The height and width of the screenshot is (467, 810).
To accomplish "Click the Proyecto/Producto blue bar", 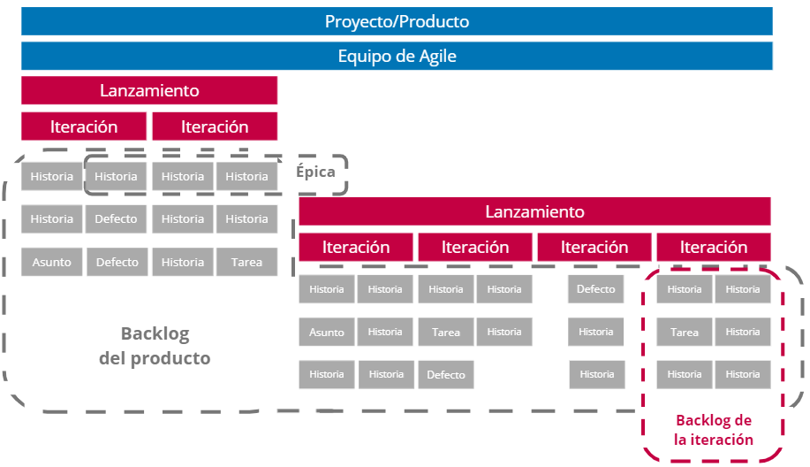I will (x=397, y=21).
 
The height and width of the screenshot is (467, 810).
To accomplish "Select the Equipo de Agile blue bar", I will (x=397, y=57).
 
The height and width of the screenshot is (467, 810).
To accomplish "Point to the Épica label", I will (x=315, y=172).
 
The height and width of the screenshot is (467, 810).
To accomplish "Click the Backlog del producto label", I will (x=165, y=346).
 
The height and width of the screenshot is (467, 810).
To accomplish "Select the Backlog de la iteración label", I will (x=713, y=430).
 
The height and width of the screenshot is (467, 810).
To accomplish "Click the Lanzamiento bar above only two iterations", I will (x=149, y=90).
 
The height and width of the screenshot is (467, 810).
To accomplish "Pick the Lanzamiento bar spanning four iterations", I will (x=534, y=212).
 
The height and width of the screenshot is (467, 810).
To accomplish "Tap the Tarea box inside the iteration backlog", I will (x=685, y=333).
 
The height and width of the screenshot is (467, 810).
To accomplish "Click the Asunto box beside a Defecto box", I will (x=52, y=262).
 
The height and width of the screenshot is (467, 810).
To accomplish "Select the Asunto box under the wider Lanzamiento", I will (x=327, y=333).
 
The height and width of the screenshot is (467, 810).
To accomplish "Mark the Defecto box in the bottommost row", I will (x=446, y=375).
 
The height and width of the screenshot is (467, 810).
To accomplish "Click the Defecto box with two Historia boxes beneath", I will (x=596, y=289).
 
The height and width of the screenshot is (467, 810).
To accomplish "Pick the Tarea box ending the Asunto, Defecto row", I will (x=246, y=262).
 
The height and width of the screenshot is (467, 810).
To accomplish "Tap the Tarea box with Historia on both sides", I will (x=446, y=333).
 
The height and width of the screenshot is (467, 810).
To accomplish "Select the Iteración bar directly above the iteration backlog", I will (x=713, y=248).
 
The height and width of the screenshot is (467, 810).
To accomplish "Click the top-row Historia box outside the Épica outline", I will (x=52, y=176).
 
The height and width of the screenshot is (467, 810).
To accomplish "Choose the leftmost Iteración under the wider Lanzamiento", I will (x=356, y=248).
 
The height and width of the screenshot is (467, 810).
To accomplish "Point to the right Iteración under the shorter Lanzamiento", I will (x=215, y=126).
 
